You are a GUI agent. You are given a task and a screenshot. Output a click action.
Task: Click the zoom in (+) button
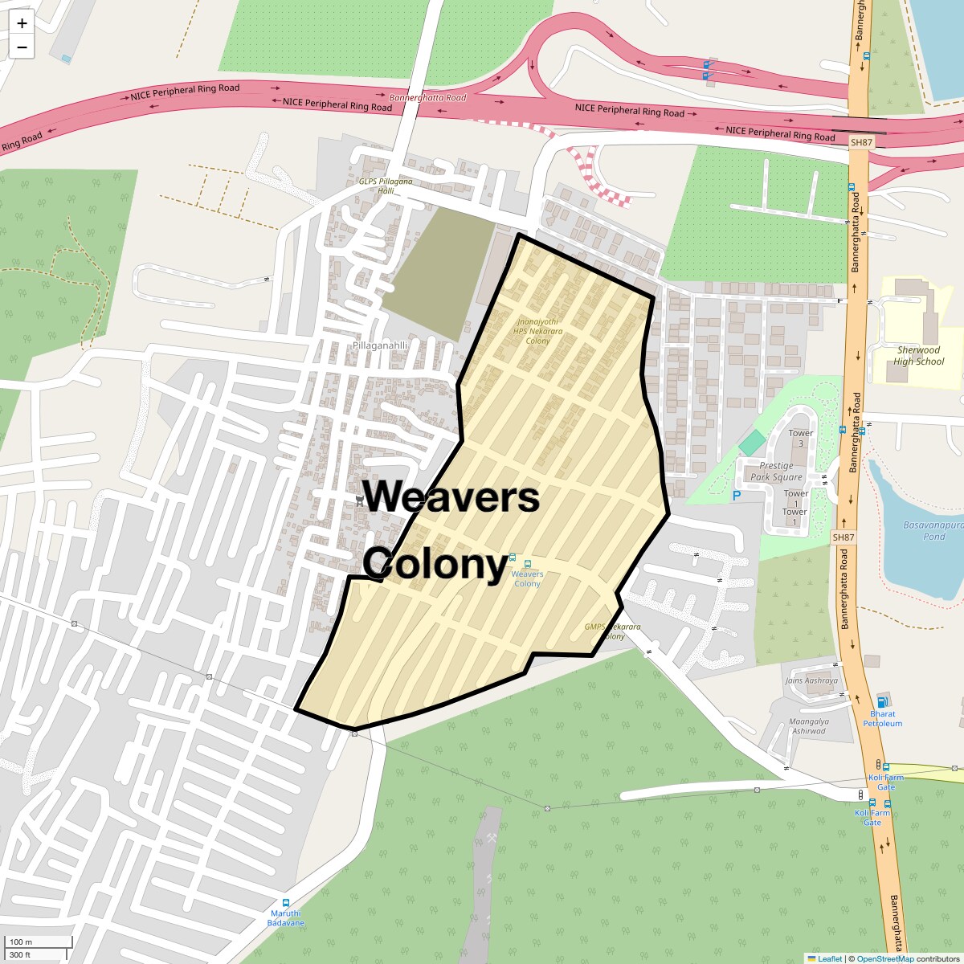[x=22, y=23]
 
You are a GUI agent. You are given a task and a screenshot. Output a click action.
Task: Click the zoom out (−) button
[x=22, y=47]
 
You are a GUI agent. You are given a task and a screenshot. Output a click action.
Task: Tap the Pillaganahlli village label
[x=380, y=345]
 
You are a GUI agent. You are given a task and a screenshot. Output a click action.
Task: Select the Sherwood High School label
[x=918, y=356]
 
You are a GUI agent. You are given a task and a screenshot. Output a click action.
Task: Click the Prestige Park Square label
[x=776, y=472]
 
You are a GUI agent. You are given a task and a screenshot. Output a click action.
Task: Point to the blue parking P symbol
[x=736, y=496]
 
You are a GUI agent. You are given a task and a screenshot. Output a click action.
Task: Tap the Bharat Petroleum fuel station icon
[x=884, y=701]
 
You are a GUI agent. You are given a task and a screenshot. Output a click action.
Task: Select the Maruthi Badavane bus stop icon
[x=287, y=903]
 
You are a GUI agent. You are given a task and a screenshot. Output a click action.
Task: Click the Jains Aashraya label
[x=811, y=680]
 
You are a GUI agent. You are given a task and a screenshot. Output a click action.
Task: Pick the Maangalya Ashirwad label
[x=808, y=726]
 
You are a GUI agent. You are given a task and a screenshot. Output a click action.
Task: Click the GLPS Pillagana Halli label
[x=386, y=186]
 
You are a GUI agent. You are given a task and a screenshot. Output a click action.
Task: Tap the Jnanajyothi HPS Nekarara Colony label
[x=537, y=331]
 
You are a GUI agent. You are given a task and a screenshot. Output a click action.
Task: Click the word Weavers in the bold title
[x=451, y=496]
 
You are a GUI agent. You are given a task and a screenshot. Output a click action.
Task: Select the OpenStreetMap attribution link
[x=885, y=958]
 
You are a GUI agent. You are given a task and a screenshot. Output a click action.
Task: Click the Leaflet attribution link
[x=829, y=958]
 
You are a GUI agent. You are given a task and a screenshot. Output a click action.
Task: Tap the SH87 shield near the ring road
[x=860, y=142]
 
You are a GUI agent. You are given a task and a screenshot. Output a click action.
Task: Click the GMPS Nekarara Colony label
[x=612, y=631]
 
